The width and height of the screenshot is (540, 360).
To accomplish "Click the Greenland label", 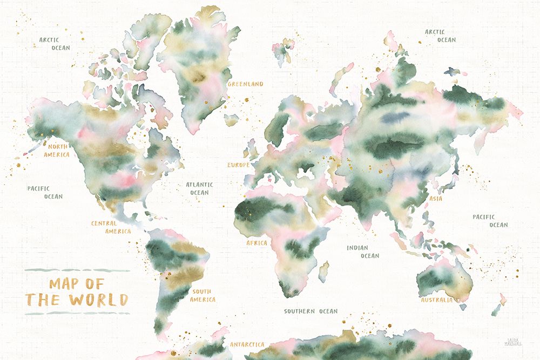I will (245, 84).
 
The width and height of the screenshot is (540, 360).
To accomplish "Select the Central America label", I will (111, 227).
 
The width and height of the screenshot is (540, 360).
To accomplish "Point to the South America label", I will (203, 295).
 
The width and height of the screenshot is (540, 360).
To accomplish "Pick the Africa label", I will (256, 243).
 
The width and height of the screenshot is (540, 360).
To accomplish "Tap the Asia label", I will (435, 199).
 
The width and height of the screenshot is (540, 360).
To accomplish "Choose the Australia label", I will (436, 300).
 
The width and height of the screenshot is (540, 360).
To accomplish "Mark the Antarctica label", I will (247, 344).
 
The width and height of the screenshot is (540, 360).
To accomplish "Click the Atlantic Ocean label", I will (199, 188).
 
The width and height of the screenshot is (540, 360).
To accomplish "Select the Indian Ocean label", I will (363, 252).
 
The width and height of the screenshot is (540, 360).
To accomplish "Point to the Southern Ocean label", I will (310, 311).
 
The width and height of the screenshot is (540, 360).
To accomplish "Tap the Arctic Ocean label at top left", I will (55, 43).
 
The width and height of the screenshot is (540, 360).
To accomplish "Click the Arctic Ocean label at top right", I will (440, 36).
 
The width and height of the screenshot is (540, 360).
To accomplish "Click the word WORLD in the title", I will (98, 300).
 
